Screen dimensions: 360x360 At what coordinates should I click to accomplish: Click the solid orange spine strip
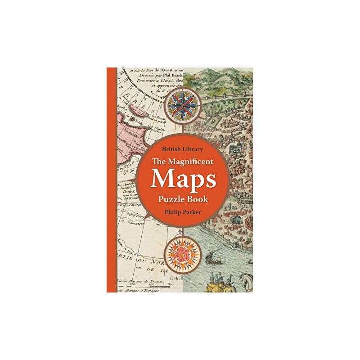(x=112, y=180)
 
